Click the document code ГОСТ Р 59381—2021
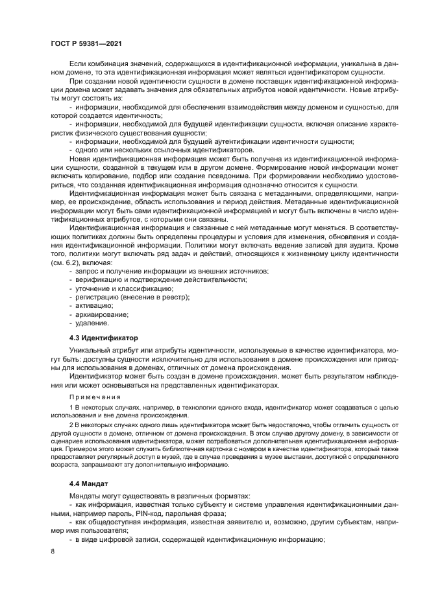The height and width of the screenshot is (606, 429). (x=87, y=43)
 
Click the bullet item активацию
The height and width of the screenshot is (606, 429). (x=95, y=305)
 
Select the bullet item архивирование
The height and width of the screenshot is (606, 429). (x=102, y=314)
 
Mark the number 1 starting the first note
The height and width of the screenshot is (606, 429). (x=71, y=406)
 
